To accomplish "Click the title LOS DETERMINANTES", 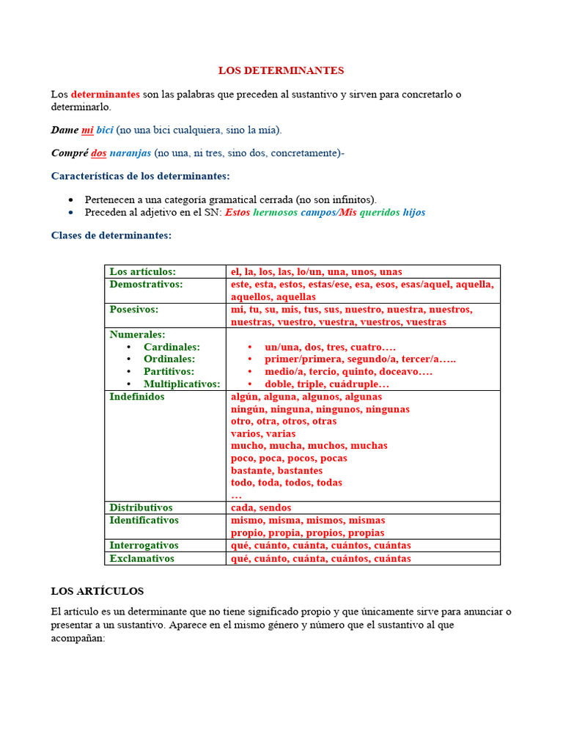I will [x=281, y=70].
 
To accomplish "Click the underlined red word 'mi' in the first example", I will [x=87, y=130].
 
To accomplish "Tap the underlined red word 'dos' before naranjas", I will [x=98, y=153].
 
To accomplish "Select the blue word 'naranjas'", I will [x=130, y=153].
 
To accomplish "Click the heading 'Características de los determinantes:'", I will [x=140, y=176].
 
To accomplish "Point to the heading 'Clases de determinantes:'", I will [x=111, y=235].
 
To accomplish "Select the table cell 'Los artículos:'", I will [x=143, y=271].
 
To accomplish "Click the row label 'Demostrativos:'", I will [x=146, y=284].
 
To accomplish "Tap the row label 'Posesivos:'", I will [x=134, y=309].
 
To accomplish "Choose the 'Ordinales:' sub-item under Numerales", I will [x=169, y=359].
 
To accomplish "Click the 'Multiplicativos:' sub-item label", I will [x=182, y=384].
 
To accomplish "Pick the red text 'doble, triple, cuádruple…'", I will [x=327, y=384].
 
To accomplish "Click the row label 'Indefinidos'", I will [x=137, y=397].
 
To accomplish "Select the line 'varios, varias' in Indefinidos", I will [x=263, y=433].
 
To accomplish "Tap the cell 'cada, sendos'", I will [x=261, y=508].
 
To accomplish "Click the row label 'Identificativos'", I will [x=144, y=520].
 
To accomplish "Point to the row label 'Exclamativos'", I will [x=142, y=558].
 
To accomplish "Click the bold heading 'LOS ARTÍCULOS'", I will [x=97, y=590].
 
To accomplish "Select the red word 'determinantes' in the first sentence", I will [x=105, y=95].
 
